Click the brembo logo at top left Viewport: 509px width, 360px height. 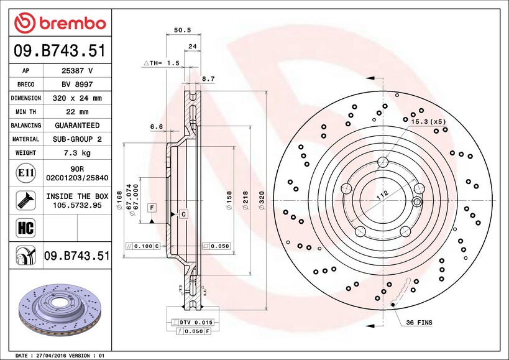click(x=60, y=23)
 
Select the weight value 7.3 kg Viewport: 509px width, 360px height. click(x=77, y=152)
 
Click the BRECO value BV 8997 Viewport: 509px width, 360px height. click(x=77, y=85)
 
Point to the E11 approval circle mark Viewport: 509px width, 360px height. click(x=25, y=173)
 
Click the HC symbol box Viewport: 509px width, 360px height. click(x=25, y=228)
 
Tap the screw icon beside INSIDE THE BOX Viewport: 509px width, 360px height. click(x=25, y=200)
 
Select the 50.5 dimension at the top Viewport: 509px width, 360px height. click(x=183, y=30)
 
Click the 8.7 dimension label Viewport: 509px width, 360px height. click(x=208, y=78)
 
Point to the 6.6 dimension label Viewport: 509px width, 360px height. click(x=157, y=127)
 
